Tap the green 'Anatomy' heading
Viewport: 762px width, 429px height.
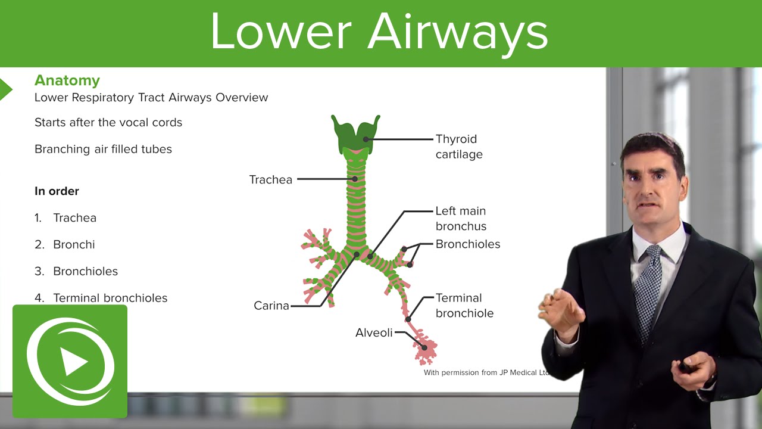(67, 80)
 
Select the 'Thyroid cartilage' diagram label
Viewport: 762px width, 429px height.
(458, 147)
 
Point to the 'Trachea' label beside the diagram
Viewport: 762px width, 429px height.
(271, 179)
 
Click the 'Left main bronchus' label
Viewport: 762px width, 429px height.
(461, 219)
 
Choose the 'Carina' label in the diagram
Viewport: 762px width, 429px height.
(271, 306)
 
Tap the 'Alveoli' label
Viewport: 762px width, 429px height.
(374, 333)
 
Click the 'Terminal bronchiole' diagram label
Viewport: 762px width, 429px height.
(464, 305)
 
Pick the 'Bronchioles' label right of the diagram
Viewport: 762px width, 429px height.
(468, 244)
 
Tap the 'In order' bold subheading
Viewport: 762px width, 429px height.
(57, 191)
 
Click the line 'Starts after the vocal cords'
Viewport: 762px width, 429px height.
(108, 123)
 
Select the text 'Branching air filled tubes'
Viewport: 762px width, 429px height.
(103, 149)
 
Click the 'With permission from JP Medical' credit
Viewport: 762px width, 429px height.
(485, 373)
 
